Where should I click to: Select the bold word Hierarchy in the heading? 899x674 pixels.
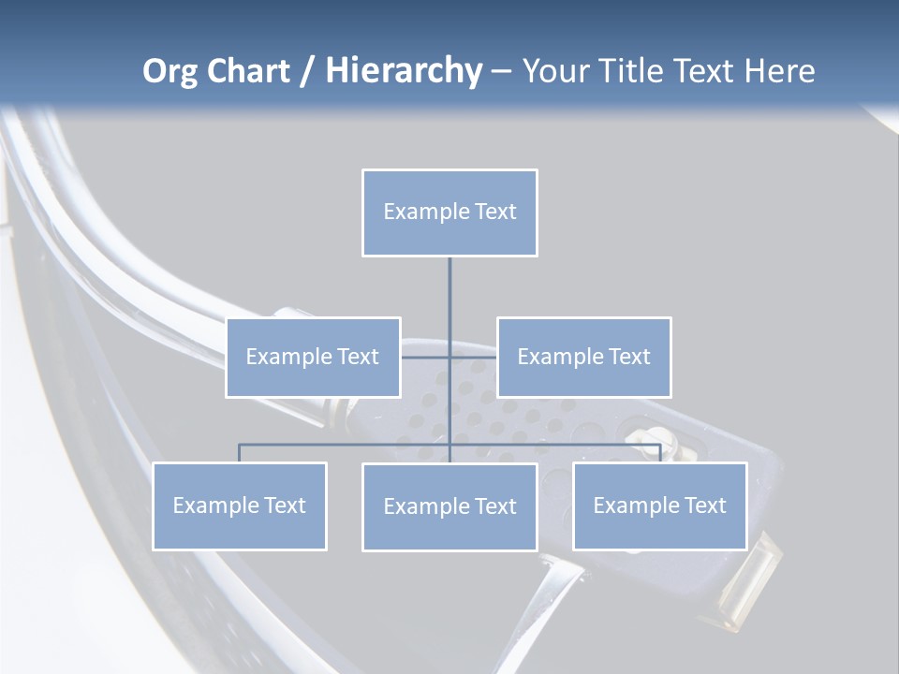pyautogui.click(x=403, y=71)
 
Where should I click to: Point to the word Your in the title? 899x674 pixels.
pyautogui.click(x=555, y=71)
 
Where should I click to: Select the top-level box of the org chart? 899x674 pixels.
pyautogui.click(x=449, y=212)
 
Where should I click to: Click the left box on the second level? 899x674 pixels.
pyautogui.click(x=313, y=357)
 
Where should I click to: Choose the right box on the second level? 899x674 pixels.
pyautogui.click(x=583, y=357)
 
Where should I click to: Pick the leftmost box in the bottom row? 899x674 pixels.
pyautogui.click(x=240, y=505)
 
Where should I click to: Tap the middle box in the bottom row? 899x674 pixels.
pyautogui.click(x=449, y=506)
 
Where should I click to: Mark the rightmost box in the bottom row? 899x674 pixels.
pyautogui.click(x=659, y=505)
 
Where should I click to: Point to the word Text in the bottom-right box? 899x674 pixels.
pyautogui.click(x=704, y=505)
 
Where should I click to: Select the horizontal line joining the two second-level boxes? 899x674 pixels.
pyautogui.click(x=427, y=357)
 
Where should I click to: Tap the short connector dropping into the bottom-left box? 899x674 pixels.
pyautogui.click(x=240, y=453)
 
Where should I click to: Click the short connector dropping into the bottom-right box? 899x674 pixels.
pyautogui.click(x=660, y=453)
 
